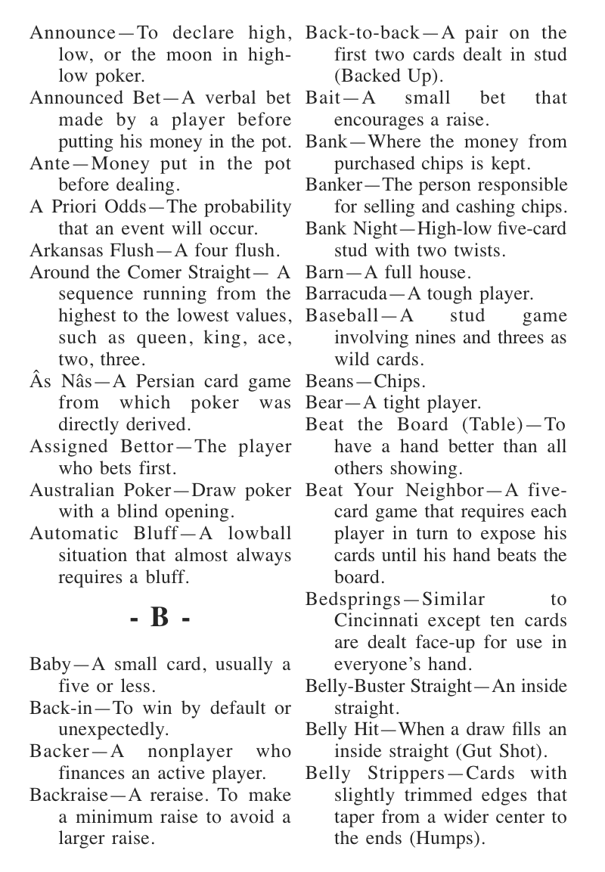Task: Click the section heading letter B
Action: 160,618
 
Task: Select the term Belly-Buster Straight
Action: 387,687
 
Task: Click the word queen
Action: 138,337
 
